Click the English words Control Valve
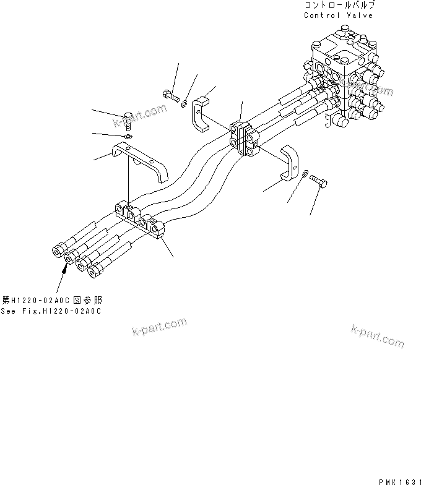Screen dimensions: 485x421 pos(338,15)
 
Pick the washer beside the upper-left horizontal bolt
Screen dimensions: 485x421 pos(184,102)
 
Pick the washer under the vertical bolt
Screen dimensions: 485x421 pos(128,136)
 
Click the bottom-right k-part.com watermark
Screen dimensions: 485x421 pos(377,336)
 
